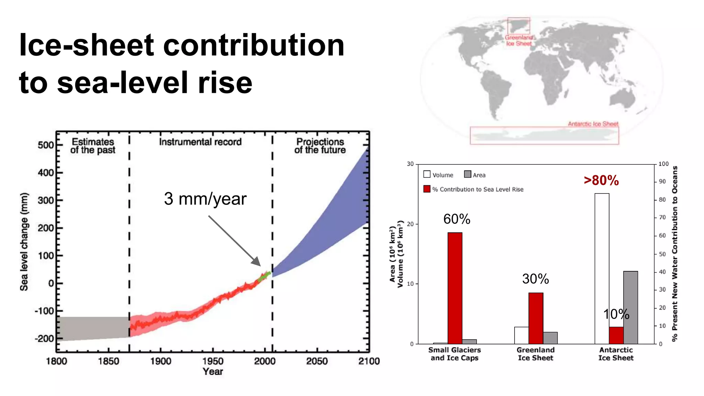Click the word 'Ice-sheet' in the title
[x=86, y=45]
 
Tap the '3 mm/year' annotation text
[x=205, y=199]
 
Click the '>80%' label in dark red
[x=601, y=180]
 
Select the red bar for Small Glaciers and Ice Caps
[x=455, y=288]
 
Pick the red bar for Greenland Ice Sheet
[x=536, y=318]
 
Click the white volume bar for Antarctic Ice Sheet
[x=602, y=268]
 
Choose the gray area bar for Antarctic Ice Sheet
[x=630, y=307]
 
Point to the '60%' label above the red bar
[x=456, y=219]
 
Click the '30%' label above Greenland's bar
[x=535, y=279]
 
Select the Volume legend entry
[x=439, y=175]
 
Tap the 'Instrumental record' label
[x=200, y=142]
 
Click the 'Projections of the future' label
[x=320, y=146]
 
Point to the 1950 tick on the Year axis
[x=213, y=361]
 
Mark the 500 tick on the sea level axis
[x=46, y=145]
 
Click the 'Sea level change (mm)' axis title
[x=24, y=242]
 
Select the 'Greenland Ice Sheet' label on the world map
[x=519, y=41]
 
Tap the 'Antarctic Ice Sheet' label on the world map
[x=593, y=124]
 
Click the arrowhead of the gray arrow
[x=256, y=262]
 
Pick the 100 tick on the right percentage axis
[x=663, y=164]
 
